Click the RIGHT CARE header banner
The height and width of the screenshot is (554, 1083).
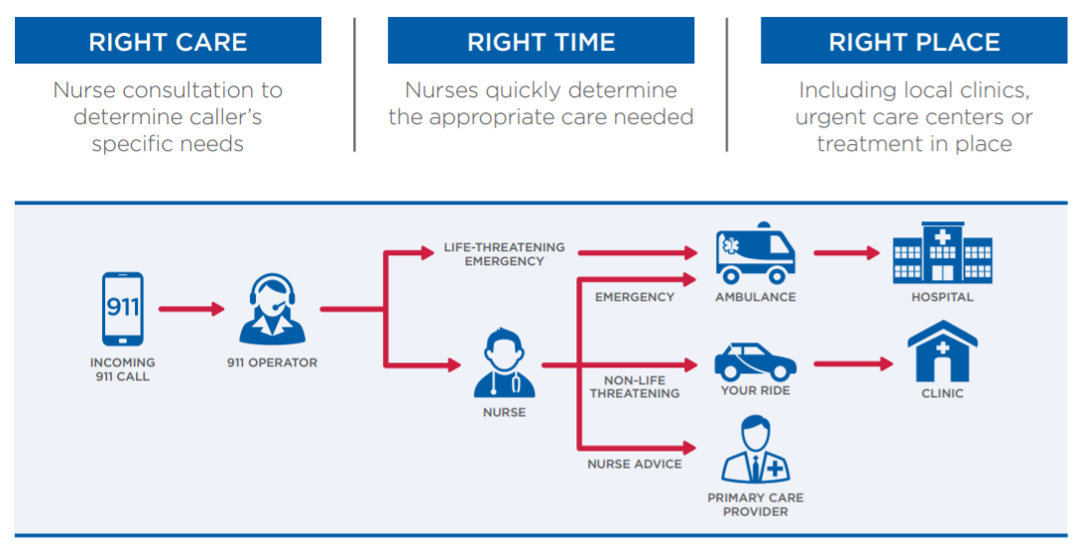pyautogui.click(x=168, y=42)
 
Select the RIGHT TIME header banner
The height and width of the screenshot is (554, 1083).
pyautogui.click(x=541, y=42)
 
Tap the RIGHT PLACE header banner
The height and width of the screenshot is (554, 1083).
pyautogui.click(x=913, y=42)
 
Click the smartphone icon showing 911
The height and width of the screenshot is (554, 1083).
pyautogui.click(x=123, y=309)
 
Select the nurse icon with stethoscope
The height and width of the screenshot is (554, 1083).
pyautogui.click(x=504, y=366)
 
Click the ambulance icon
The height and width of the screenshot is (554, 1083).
pyautogui.click(x=755, y=253)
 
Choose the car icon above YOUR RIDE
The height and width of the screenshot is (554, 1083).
pyautogui.click(x=755, y=361)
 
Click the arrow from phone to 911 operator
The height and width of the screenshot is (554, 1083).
pyautogui.click(x=191, y=309)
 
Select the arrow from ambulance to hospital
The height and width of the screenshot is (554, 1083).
pyautogui.click(x=846, y=252)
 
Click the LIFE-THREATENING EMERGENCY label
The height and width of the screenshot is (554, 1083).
pyautogui.click(x=504, y=254)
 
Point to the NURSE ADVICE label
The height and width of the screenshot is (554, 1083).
pyautogui.click(x=635, y=464)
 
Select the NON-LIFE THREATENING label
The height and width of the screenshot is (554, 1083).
pyautogui.click(x=635, y=387)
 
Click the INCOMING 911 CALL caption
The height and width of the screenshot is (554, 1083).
pyautogui.click(x=123, y=369)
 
